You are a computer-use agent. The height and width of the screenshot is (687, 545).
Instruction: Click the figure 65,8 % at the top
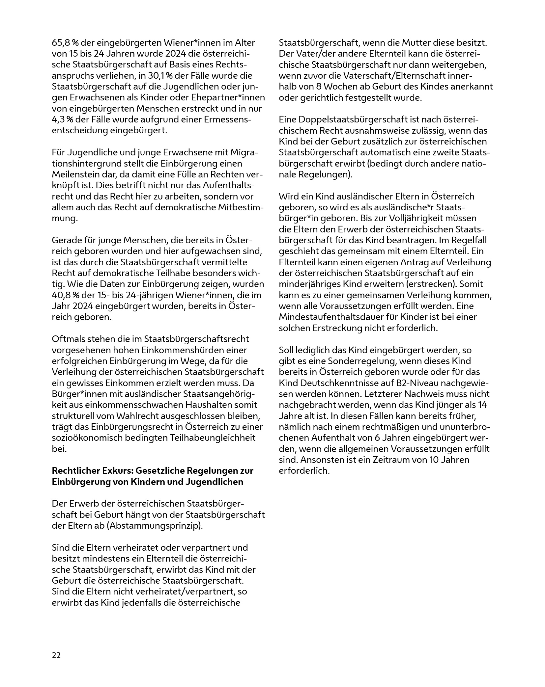click(x=65, y=43)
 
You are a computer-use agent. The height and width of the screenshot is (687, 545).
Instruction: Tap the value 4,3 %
click(x=62, y=119)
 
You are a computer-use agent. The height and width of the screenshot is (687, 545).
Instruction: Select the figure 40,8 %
click(x=65, y=295)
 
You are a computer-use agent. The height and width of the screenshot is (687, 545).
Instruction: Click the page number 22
click(x=56, y=655)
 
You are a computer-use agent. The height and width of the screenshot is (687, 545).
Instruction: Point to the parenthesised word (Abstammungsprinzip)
click(x=155, y=525)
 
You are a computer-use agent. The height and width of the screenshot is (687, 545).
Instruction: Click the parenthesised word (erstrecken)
click(x=428, y=284)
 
